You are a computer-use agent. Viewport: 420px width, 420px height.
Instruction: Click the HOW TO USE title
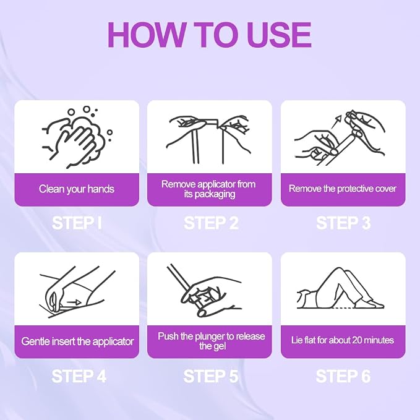[210, 35]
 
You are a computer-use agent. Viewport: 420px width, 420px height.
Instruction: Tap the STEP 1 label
[77, 223]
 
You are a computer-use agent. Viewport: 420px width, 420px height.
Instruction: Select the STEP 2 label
[211, 223]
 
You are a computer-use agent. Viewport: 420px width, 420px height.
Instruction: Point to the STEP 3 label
[343, 223]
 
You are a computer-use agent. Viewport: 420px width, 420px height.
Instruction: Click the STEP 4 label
[79, 376]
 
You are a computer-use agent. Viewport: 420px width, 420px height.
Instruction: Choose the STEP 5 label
[211, 376]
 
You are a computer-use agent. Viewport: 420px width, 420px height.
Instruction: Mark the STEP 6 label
[343, 376]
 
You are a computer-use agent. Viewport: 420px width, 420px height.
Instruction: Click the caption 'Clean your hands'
[77, 189]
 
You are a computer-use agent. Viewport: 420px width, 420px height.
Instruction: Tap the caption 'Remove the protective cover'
[343, 189]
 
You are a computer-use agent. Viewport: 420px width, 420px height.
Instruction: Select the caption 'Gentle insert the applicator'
[77, 341]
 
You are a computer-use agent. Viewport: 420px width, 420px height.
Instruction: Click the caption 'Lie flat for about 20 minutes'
[343, 340]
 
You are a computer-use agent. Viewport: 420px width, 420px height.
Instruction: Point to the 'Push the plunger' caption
[212, 341]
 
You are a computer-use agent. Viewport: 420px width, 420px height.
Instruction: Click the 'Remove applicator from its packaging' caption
[208, 189]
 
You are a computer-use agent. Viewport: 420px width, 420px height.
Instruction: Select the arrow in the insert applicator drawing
[74, 302]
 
